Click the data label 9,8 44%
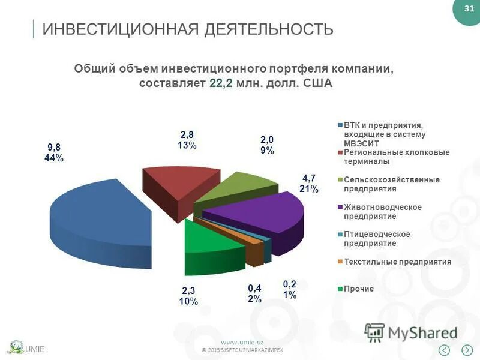53,152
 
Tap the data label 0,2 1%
290,290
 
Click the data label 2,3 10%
188,296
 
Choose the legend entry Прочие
358,289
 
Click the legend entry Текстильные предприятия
397,262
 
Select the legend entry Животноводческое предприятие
382,212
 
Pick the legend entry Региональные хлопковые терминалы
395,157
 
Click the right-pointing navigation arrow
467,350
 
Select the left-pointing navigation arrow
445,350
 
